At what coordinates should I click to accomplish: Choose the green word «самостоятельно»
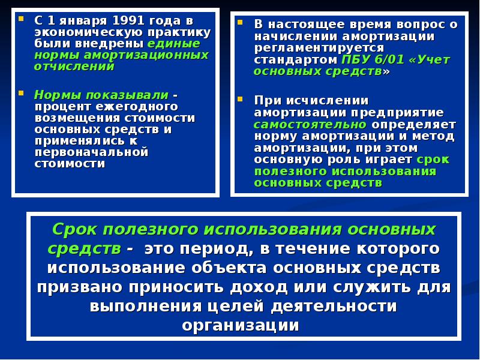coord(310,124)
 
